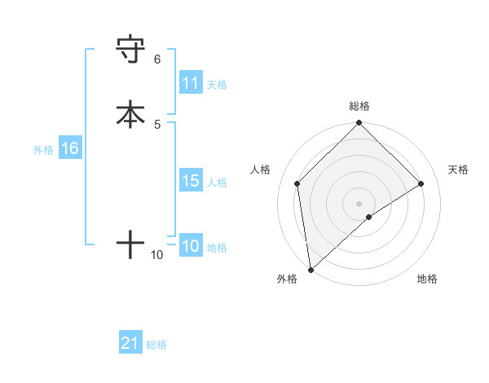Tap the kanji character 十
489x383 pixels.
tap(131, 244)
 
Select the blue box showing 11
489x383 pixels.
tap(191, 83)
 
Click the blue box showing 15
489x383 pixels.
tap(191, 181)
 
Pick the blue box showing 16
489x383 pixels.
tap(69, 148)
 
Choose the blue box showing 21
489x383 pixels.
tap(130, 343)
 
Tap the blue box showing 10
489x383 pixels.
tap(191, 246)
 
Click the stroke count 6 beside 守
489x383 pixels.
tap(157, 59)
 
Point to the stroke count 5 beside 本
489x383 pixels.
tap(157, 124)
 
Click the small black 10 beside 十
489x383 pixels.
tap(157, 255)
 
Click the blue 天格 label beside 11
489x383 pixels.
tap(217, 84)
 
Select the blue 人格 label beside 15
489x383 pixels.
tap(217, 183)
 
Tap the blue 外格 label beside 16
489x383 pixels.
tap(43, 150)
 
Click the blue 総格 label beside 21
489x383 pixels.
tap(156, 345)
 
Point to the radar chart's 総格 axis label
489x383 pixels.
tap(359, 107)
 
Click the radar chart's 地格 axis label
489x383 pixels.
tap(427, 279)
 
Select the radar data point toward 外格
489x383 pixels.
tap(311, 270)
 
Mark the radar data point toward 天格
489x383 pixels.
tap(421, 183)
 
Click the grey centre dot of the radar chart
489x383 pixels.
tap(359, 203)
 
